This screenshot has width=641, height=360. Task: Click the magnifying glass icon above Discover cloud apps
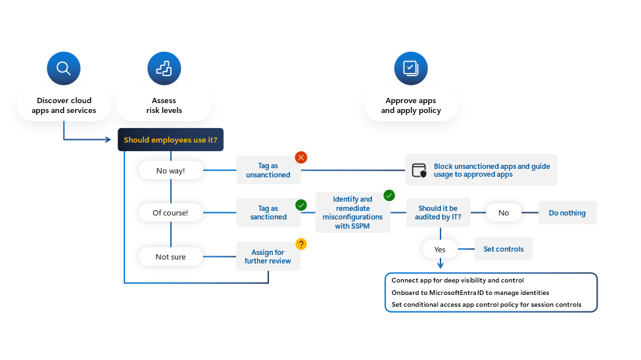click(64, 68)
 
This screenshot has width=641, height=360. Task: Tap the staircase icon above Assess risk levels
click(164, 68)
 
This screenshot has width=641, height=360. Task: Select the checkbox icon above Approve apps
click(411, 68)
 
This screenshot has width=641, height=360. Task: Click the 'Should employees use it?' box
click(170, 140)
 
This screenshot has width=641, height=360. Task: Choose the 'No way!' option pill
click(170, 171)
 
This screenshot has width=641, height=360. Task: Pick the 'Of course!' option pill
click(170, 213)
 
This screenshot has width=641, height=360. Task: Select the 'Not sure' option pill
click(170, 257)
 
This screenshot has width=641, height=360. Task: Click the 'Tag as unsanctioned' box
click(268, 171)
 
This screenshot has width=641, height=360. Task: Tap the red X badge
click(301, 157)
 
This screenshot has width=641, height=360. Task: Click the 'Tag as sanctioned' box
click(268, 213)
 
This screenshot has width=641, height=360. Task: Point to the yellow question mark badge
click(301, 244)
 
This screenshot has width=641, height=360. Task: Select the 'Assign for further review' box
click(268, 257)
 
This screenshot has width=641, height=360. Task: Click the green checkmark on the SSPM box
click(389, 195)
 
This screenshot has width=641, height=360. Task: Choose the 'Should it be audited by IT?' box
click(438, 213)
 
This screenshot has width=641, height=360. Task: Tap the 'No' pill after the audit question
click(504, 213)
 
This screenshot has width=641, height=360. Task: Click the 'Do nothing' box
click(567, 213)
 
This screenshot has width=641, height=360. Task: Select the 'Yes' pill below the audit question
click(440, 250)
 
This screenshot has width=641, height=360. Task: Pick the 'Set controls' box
click(504, 250)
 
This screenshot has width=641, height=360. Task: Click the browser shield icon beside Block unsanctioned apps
click(419, 171)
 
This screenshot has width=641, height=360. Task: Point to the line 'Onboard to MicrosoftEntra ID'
click(470, 292)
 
